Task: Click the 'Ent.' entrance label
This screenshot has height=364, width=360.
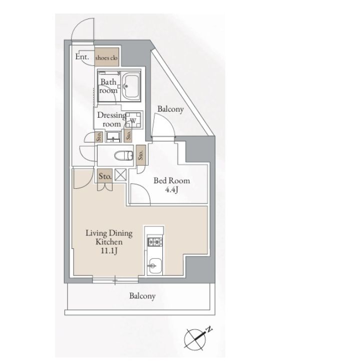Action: (x=82, y=57)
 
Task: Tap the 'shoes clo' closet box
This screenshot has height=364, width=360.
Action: (x=107, y=57)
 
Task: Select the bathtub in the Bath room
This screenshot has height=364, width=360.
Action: (x=131, y=86)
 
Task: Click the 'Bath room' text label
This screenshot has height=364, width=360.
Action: (x=108, y=86)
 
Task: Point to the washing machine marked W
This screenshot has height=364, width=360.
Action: (x=134, y=120)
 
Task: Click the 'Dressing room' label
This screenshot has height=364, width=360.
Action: (x=112, y=119)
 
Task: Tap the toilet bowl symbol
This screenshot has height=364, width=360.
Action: (x=124, y=156)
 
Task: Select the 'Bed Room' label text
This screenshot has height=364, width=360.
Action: (x=172, y=180)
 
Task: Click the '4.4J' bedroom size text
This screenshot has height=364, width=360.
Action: (x=172, y=190)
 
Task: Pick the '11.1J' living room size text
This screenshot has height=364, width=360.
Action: (x=109, y=251)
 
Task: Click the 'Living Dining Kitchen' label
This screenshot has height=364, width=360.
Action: (x=109, y=237)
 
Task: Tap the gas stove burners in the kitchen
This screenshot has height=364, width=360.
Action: (x=155, y=242)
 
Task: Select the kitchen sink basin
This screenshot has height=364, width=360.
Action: (x=155, y=266)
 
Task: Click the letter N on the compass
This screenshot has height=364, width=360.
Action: (x=209, y=329)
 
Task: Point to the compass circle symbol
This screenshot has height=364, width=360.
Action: (x=195, y=339)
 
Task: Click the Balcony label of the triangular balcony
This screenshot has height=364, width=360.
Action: (x=170, y=109)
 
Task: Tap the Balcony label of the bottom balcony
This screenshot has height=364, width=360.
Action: (x=142, y=296)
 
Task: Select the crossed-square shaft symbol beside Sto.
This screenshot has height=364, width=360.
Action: (x=121, y=175)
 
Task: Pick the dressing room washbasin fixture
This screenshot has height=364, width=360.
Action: (x=113, y=137)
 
